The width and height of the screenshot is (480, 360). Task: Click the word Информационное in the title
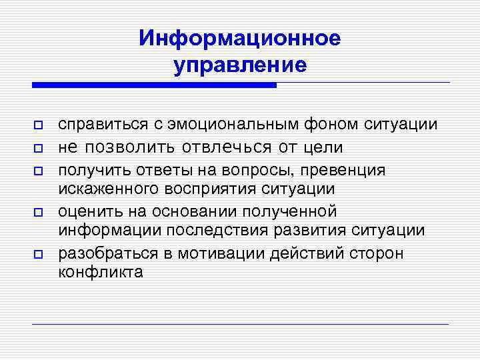240,38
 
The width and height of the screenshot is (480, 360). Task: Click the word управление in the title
240,65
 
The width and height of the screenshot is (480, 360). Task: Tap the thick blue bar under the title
154,85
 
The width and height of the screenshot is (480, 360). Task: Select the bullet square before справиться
39,126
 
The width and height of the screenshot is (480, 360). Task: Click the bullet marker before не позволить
39,147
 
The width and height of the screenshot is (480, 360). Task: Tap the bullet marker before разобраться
39,254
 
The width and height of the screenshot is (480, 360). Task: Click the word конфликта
101,272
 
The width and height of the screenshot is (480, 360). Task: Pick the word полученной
294,212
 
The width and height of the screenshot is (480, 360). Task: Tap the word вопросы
244,170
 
